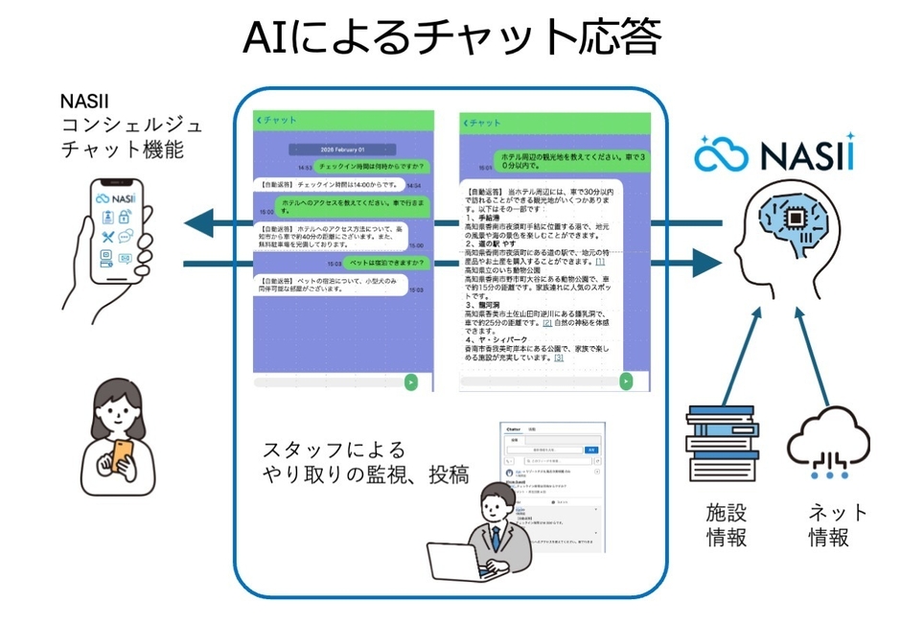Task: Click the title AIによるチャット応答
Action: point(450,38)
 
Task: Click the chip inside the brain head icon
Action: point(795,220)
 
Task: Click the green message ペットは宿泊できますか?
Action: point(373,262)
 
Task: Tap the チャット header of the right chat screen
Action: point(484,123)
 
